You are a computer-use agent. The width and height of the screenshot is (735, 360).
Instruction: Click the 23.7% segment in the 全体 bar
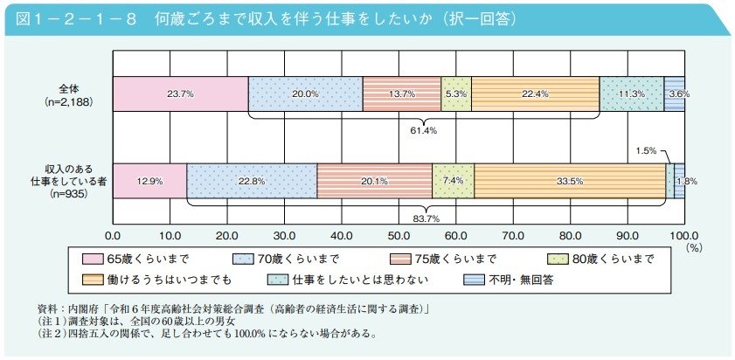pos(180,93)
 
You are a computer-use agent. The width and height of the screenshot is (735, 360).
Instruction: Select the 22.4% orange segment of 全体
pos(535,93)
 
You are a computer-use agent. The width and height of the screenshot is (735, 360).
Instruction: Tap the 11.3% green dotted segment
pos(631,93)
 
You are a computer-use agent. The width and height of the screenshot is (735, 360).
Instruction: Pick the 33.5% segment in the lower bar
pos(570,180)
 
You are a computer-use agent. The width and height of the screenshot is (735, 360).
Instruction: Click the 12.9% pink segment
pos(149,180)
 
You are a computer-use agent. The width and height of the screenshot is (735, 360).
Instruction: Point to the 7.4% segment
pos(453,180)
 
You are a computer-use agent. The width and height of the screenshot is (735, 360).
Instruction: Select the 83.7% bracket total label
pos(426,218)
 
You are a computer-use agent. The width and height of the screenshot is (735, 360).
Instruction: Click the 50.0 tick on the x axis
pos(399,235)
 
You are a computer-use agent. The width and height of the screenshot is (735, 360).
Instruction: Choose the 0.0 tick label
pos(113,235)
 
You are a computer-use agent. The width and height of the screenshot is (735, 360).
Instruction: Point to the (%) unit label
pos(694,248)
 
